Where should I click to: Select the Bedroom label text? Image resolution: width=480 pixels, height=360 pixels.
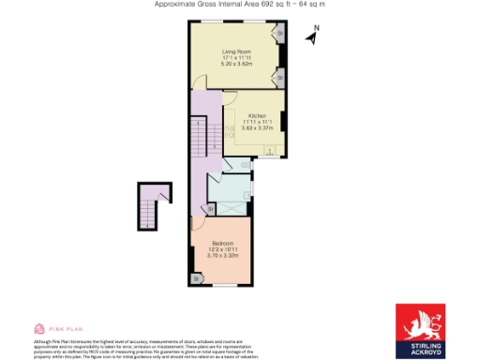click(222, 243)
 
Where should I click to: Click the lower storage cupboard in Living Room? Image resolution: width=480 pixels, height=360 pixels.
click(278, 73)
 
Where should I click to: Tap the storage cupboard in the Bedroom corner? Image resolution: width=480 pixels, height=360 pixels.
click(197, 278)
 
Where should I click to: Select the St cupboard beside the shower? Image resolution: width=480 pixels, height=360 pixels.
click(210, 208)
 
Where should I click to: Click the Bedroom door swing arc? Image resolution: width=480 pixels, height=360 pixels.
click(199, 223)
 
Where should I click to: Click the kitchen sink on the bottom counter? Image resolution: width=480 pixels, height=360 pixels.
click(270, 151)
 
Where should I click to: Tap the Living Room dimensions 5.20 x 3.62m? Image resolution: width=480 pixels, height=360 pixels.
click(235, 64)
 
